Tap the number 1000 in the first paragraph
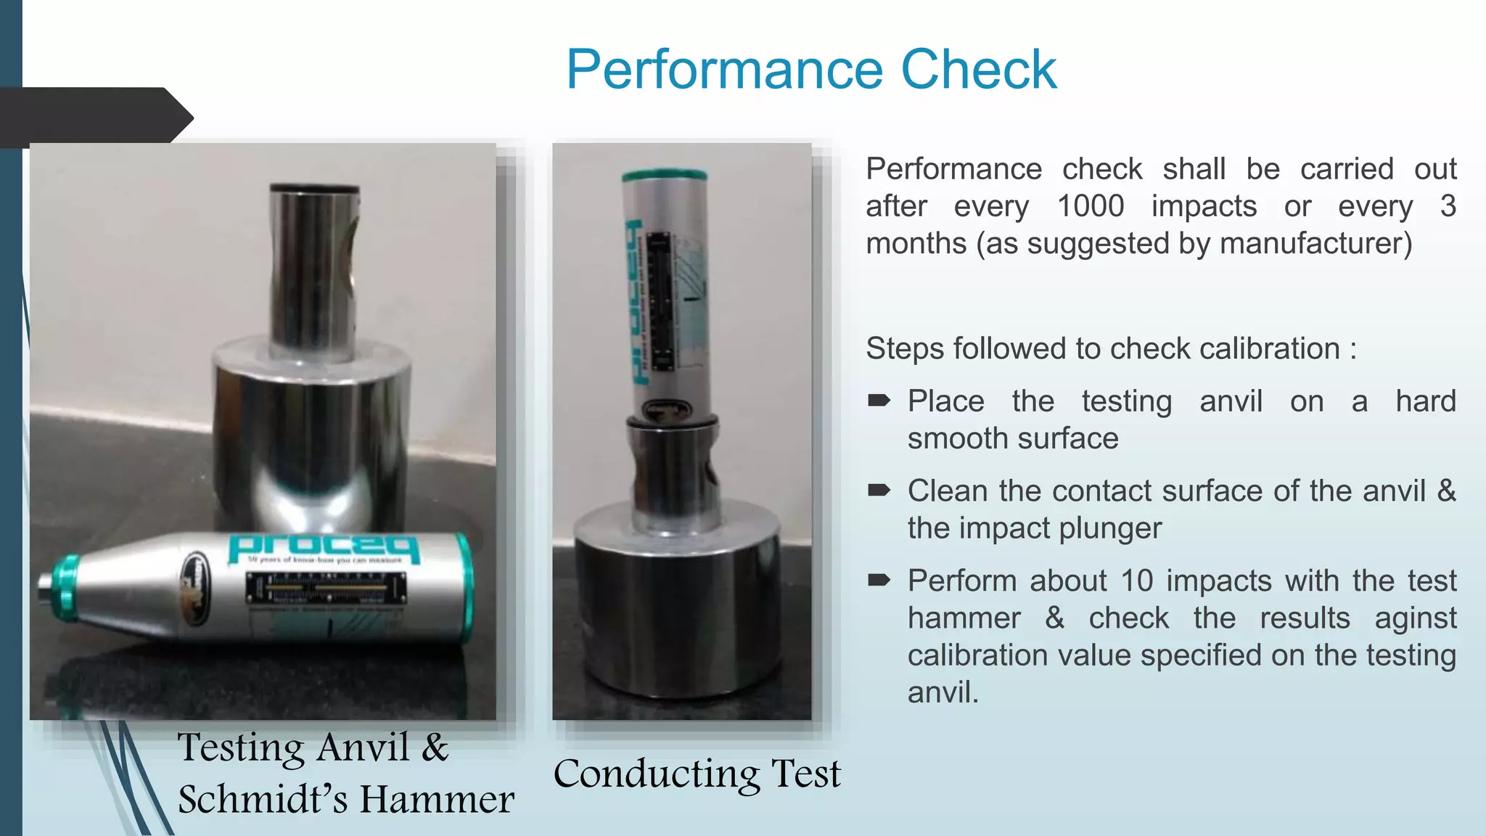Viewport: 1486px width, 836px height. point(1090,207)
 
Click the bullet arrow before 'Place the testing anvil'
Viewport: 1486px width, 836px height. point(879,401)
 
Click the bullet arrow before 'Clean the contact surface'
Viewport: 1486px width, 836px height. point(879,491)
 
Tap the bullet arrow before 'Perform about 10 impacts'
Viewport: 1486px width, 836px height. point(879,580)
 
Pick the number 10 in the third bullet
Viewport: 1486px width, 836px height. point(1136,581)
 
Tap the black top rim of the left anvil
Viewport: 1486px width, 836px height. point(314,189)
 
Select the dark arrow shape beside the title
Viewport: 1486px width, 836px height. point(94,116)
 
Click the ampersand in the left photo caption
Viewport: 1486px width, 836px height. point(435,747)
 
